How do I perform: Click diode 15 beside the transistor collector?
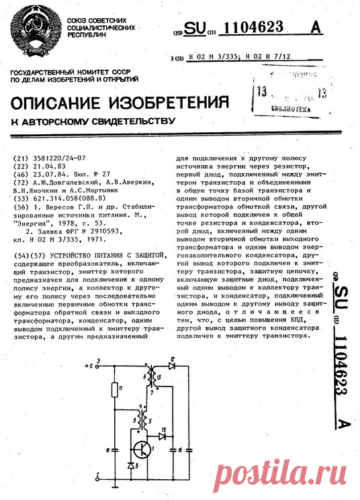[x=161, y=435]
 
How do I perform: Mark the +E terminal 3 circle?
[x=99, y=366]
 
